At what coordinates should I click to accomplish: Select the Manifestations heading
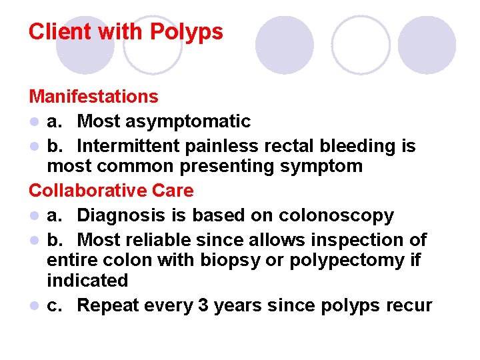click(93, 97)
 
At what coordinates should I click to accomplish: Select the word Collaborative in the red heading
click(88, 191)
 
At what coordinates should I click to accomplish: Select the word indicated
click(87, 281)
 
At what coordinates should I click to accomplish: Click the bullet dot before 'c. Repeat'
click(34, 306)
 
